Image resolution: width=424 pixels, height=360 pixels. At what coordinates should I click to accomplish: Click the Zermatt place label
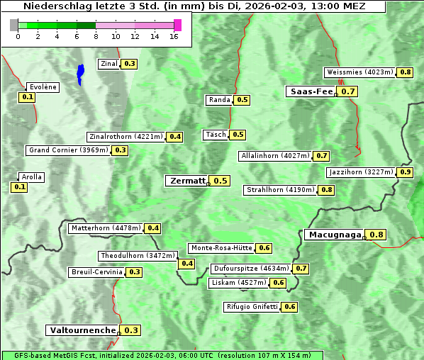coord(186,181)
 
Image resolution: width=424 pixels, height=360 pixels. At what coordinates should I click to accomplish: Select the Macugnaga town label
coord(334,235)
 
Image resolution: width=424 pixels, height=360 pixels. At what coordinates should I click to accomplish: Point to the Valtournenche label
coord(82,330)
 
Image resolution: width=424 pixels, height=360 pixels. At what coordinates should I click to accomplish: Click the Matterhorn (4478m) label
coord(106,228)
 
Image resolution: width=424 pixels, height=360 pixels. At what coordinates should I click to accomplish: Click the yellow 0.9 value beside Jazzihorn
coord(406,172)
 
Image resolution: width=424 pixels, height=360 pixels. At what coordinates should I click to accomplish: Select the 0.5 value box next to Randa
coord(242,100)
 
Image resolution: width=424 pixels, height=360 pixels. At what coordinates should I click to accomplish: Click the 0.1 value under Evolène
coord(28,97)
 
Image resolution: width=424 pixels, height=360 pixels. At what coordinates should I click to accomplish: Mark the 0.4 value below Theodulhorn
coord(187,264)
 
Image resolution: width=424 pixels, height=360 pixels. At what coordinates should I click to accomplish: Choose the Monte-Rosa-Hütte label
coord(221,248)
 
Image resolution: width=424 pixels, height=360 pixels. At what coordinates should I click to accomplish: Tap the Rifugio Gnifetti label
coord(252,307)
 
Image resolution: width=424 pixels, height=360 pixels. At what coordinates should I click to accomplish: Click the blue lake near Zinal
coord(80,73)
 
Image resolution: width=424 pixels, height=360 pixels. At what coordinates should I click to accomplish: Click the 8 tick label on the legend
coord(96,36)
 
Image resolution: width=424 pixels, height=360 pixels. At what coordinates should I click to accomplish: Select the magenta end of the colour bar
coord(177,25)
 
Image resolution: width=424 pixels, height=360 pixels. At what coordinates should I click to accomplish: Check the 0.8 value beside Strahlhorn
coord(327,190)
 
